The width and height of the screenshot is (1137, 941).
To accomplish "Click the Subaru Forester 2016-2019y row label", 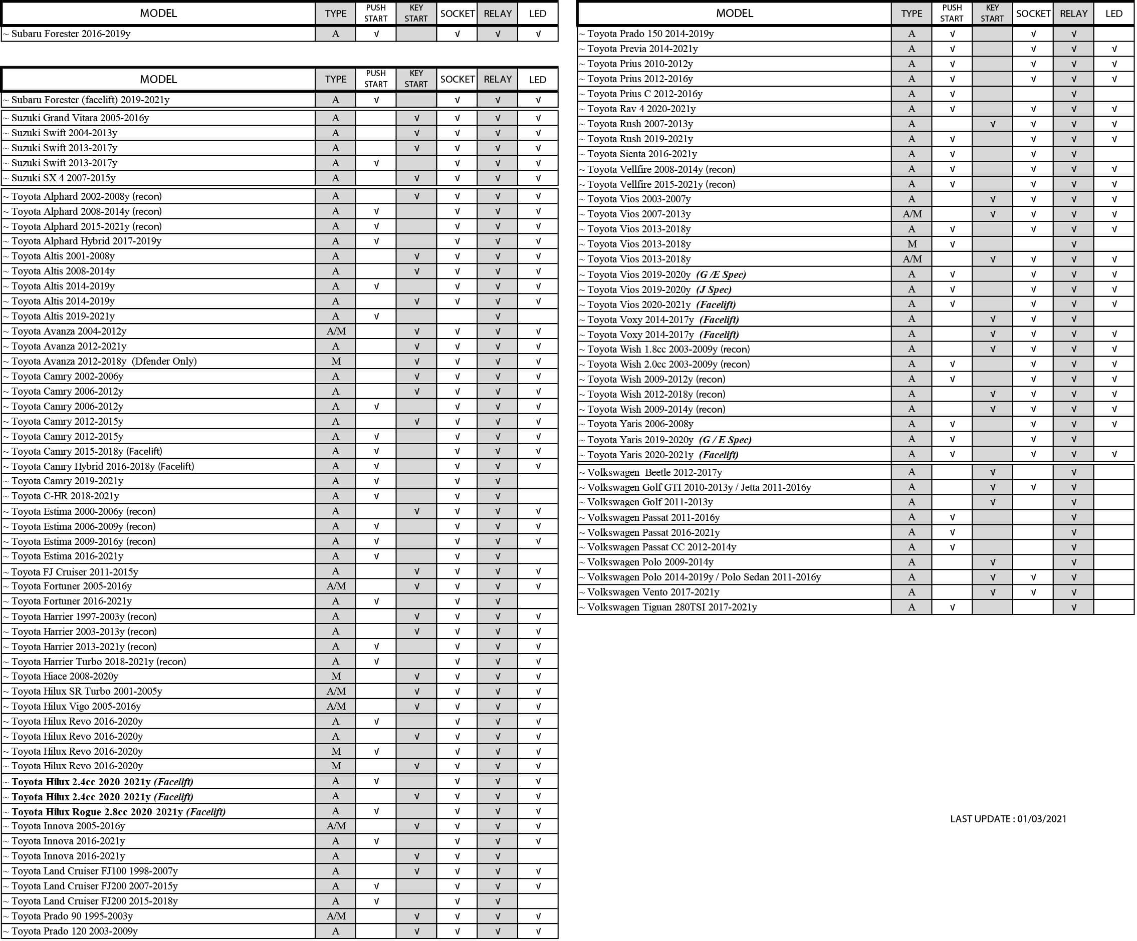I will [70, 34].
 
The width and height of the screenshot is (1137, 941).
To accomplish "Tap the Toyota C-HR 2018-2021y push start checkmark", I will [376, 496].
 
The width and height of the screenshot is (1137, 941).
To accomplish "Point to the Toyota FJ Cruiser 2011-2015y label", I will [74, 572].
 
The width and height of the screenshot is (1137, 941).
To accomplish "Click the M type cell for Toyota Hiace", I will [336, 677].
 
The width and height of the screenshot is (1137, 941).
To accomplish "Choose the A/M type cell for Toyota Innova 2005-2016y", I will [336, 826].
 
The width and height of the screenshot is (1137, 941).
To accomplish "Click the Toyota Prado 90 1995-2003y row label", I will [72, 916].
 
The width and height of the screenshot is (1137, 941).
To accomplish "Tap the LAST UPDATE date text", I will [1008, 819].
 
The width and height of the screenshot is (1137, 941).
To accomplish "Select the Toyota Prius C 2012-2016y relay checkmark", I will [1074, 94].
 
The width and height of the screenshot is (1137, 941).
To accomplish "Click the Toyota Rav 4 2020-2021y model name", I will [641, 109].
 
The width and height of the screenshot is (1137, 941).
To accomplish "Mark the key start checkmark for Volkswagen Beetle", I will [993, 472].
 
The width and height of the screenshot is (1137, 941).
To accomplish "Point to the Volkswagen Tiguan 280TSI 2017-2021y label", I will [671, 607].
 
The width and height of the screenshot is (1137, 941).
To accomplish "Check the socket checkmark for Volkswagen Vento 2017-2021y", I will [1033, 592].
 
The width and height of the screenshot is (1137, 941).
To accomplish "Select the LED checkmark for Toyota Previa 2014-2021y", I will [1114, 49].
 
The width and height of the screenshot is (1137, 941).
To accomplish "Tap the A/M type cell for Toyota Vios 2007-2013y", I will [912, 214].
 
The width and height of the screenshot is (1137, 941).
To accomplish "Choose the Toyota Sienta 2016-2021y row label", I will [641, 154].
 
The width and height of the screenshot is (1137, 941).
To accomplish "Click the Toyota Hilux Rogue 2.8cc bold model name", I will [97, 812].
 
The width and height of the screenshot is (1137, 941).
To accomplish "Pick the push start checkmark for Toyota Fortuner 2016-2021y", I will [376, 601].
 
